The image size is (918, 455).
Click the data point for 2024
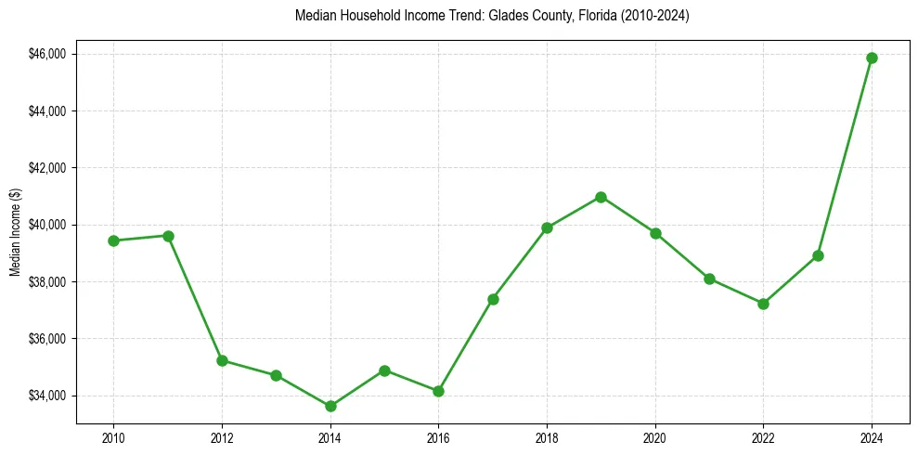pos(872,58)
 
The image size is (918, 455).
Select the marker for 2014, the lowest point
pos(330,406)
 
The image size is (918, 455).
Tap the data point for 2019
pos(601,197)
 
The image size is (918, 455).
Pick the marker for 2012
pos(222,360)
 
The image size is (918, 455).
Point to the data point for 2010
pos(113,240)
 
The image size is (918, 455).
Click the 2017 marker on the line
pos(493,299)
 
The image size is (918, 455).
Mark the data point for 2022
pos(763,304)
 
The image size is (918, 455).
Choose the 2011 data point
pos(168,236)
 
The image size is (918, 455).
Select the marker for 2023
pos(818,255)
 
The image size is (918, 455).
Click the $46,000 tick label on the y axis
pos(47,54)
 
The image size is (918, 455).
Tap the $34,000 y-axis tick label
pos(47,396)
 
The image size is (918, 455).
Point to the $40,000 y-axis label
pos(47,225)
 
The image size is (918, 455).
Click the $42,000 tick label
pos(47,168)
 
